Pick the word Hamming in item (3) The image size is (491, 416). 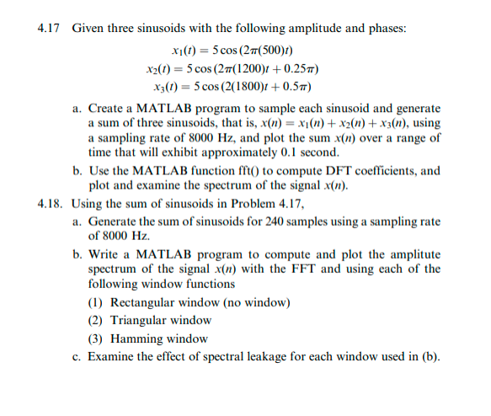pos(136,339)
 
